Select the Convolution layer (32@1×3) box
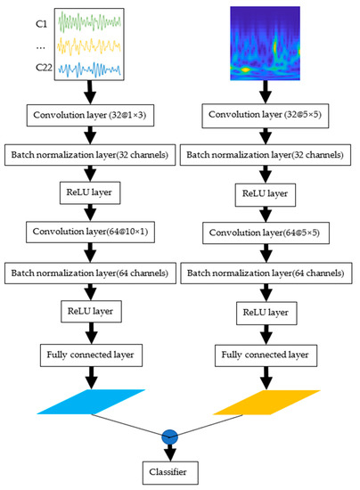click(92, 116)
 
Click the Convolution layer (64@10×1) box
click(92, 233)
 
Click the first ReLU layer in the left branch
click(92, 193)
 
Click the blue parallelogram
click(92, 403)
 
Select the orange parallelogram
click(266, 403)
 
